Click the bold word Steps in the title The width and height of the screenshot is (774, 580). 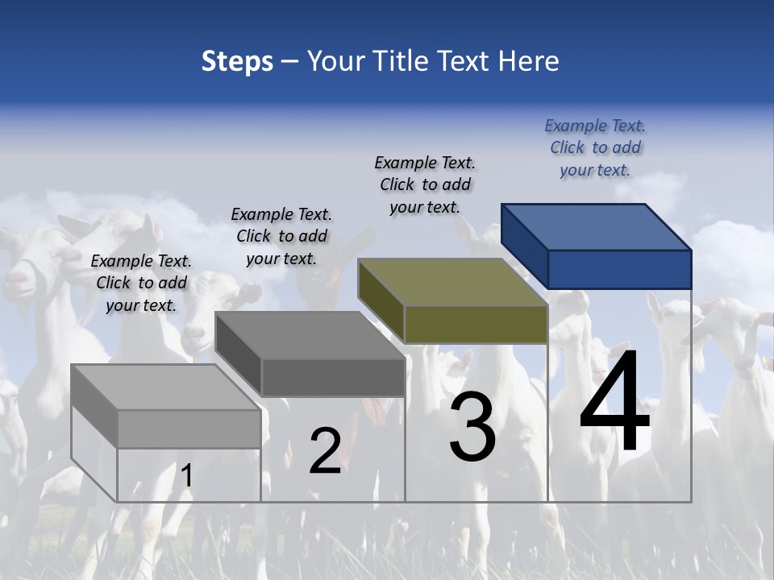click(237, 61)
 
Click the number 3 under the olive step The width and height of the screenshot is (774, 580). click(472, 427)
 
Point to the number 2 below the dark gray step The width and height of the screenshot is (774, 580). click(325, 450)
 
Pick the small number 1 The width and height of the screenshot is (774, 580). click(186, 476)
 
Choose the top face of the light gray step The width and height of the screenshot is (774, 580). click(166, 387)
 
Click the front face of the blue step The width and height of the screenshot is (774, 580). click(619, 269)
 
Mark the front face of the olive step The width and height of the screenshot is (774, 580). click(476, 324)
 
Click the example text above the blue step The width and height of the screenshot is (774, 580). click(595, 147)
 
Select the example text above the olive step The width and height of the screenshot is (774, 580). click(425, 184)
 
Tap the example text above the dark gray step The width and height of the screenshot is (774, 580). click(281, 236)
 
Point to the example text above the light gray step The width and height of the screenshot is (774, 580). click(141, 283)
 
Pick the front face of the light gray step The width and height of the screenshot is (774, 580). click(189, 429)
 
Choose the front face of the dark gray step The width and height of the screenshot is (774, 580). click(332, 377)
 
